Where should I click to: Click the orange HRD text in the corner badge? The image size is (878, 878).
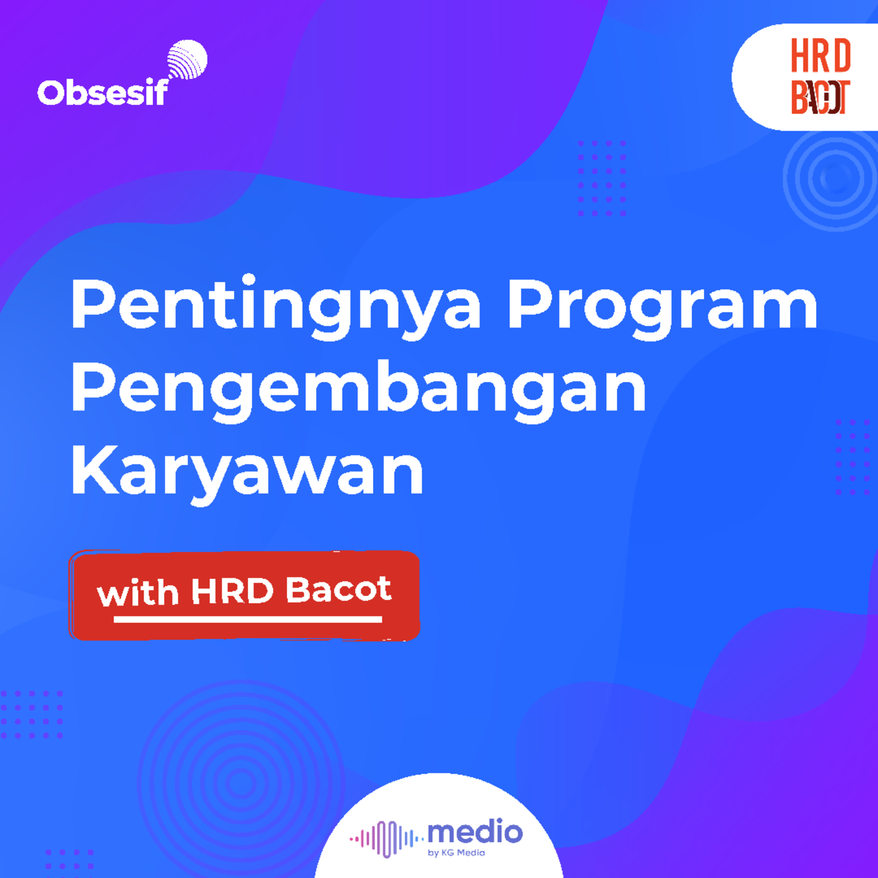(x=821, y=55)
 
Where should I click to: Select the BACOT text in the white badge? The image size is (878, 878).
(x=821, y=97)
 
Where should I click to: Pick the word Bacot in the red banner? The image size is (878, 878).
(x=339, y=590)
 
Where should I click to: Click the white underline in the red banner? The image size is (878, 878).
(x=248, y=619)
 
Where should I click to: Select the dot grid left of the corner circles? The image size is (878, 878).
(x=602, y=178)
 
